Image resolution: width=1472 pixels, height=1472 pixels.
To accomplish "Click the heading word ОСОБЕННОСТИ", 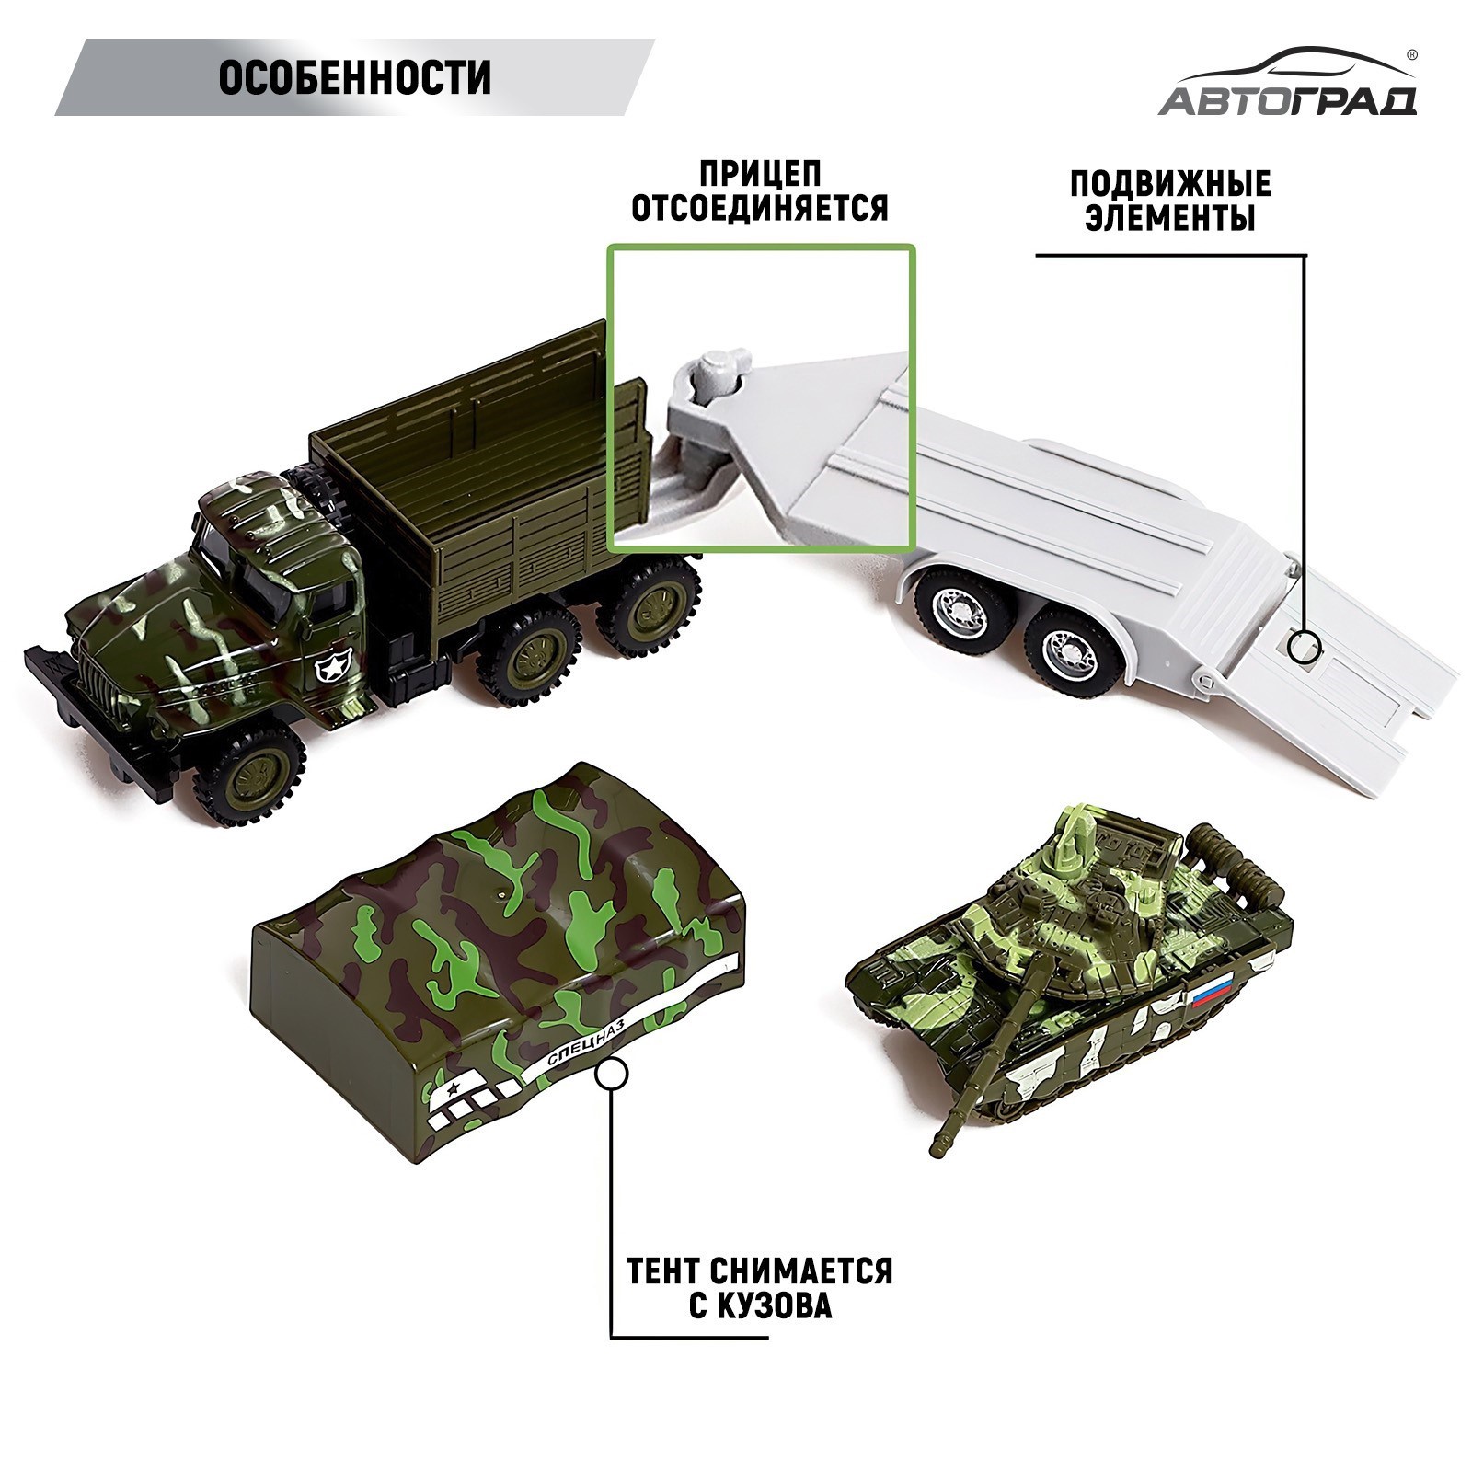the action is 354,79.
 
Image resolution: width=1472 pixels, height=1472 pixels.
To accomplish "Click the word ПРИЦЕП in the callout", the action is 760,174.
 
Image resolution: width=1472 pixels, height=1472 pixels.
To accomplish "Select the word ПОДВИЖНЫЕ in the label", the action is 1170,184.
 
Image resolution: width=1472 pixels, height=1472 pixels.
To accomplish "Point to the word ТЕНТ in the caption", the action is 665,1271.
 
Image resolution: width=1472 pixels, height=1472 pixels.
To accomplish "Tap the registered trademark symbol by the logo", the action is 1411,54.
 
